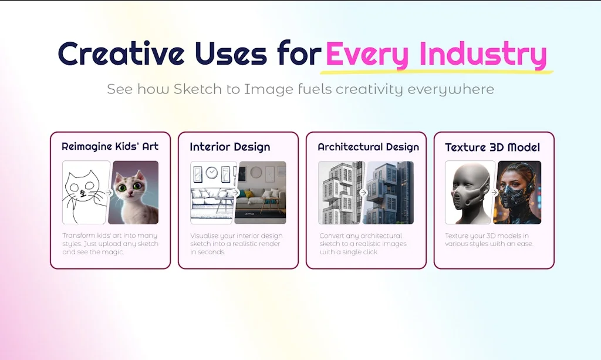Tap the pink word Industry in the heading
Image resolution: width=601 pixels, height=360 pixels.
(483, 54)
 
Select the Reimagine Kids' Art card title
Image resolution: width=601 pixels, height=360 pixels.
(110, 146)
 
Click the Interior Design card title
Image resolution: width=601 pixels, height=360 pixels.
(230, 147)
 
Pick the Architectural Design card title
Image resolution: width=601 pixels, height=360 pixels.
(369, 147)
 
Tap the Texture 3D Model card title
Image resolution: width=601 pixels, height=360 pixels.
(492, 147)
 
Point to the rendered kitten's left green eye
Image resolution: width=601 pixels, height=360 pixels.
(122, 188)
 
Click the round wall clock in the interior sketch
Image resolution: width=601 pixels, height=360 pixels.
(211, 173)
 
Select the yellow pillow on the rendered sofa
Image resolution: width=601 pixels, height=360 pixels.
(249, 194)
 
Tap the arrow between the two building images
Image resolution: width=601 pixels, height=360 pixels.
(363, 193)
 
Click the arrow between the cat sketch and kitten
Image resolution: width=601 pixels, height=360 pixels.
(109, 193)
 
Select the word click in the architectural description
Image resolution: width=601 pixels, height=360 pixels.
(370, 252)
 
